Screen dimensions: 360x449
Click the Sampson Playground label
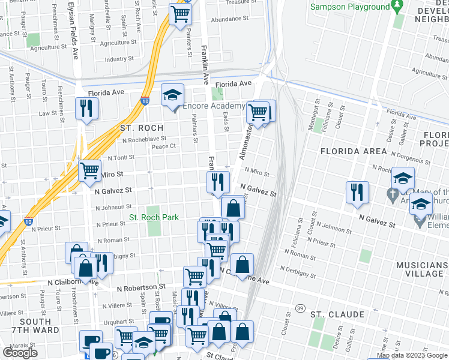[x=351, y=7]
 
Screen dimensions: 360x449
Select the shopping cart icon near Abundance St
[x=180, y=14]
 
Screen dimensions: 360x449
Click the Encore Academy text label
[x=214, y=106]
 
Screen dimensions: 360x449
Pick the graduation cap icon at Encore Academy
[x=172, y=95]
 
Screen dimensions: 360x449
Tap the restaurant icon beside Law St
[x=86, y=109]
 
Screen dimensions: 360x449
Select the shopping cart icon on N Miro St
[x=89, y=171]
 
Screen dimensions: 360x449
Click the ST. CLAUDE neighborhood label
[x=337, y=314]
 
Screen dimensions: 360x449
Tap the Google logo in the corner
[x=20, y=352]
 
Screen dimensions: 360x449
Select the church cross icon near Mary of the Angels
[x=393, y=195]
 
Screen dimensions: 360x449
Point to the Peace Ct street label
[x=163, y=146]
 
